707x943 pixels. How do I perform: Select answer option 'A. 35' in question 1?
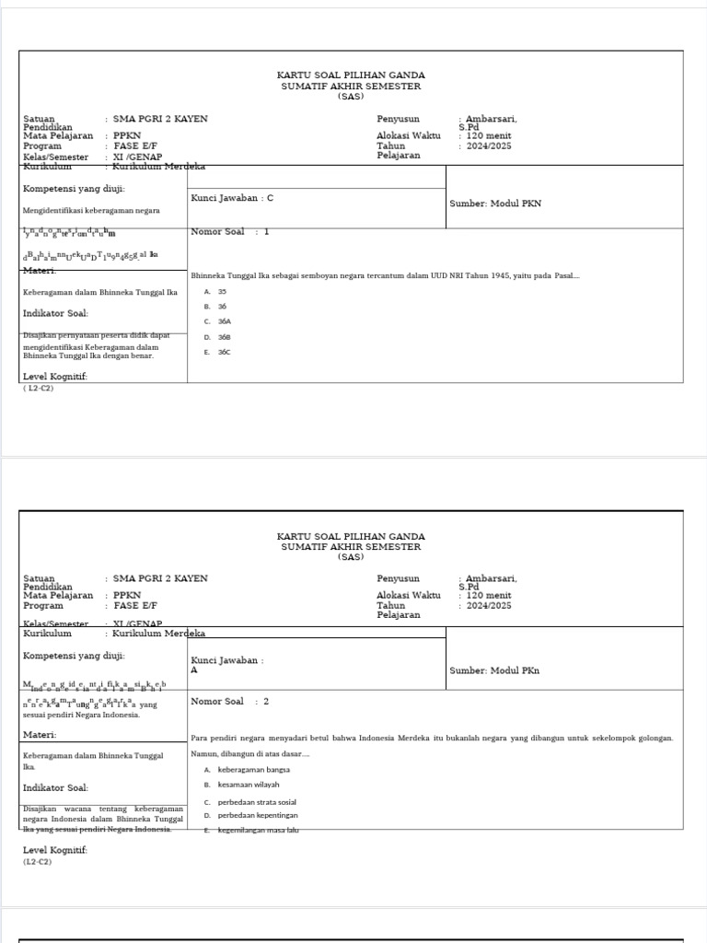point(216,291)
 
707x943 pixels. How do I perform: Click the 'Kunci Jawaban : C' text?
point(232,197)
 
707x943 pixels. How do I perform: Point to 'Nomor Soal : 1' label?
point(229,232)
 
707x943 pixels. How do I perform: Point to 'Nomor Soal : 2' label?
point(229,702)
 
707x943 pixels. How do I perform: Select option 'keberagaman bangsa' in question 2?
point(253,769)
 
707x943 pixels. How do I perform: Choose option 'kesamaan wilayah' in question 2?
point(248,785)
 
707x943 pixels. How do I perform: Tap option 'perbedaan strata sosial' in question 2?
point(257,802)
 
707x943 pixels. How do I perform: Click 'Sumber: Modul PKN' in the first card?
point(495,204)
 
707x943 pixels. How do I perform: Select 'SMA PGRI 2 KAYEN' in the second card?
point(160,578)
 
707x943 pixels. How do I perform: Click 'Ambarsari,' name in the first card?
point(491,119)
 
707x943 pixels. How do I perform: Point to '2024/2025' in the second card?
point(488,606)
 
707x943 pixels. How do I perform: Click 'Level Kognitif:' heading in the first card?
point(55,377)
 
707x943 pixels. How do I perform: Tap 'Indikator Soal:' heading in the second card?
point(55,787)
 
